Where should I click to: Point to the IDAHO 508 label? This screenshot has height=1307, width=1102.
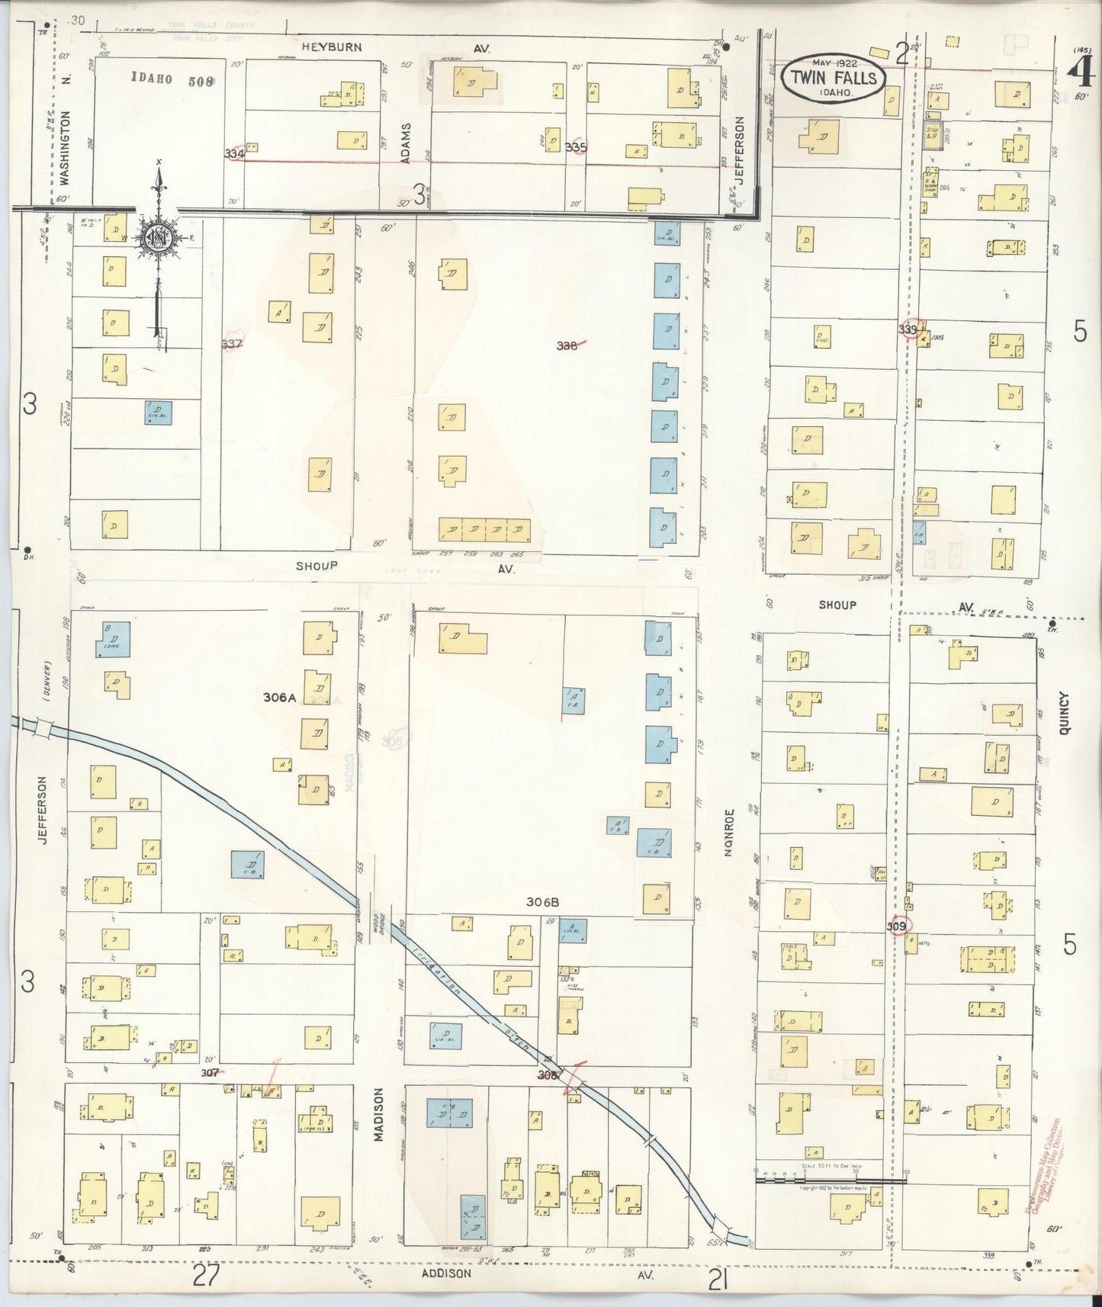click(172, 78)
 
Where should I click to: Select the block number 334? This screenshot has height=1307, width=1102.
click(234, 153)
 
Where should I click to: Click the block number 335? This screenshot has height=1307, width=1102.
click(577, 146)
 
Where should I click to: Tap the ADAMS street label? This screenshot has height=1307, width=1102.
click(406, 143)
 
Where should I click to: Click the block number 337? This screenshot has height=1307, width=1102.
click(232, 344)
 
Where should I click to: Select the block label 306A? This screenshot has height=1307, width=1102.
click(280, 697)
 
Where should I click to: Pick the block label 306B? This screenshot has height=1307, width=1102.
click(543, 902)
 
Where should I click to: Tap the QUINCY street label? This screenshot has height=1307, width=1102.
click(1065, 713)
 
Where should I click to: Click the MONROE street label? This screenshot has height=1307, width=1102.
click(728, 833)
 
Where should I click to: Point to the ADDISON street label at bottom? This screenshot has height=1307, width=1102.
click(446, 1273)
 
